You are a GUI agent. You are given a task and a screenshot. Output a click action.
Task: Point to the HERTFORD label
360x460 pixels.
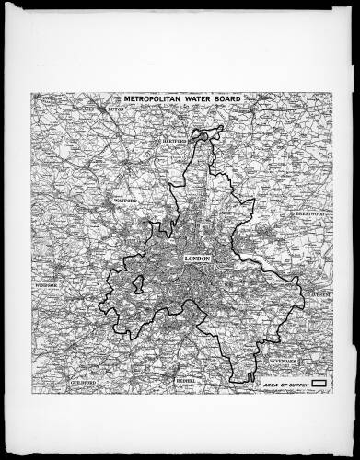(x=176, y=141)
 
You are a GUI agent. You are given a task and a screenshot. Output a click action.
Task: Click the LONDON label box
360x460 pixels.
(x=198, y=259)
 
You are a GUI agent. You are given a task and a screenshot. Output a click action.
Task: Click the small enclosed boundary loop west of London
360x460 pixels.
(x=138, y=281)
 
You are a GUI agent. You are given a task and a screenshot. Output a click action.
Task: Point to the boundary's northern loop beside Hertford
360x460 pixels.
(x=207, y=133)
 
